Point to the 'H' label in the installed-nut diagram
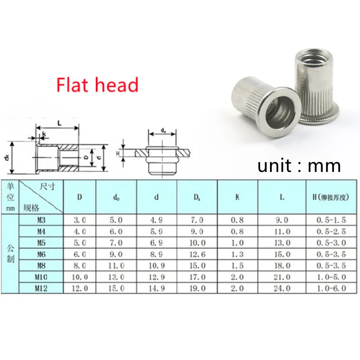click(x=118, y=153)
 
